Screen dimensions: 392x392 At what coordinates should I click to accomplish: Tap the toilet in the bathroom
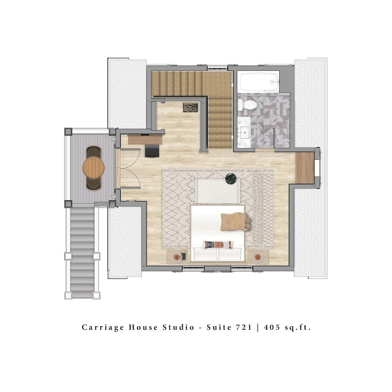click(247, 105)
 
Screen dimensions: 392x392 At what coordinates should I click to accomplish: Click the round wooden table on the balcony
click(93, 167)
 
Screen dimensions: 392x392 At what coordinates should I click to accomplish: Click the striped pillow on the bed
click(218, 245)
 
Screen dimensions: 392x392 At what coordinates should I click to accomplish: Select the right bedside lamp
click(258, 257)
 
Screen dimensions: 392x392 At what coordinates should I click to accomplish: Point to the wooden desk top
click(145, 140)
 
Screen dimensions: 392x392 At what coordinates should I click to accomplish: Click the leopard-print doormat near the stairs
click(191, 108)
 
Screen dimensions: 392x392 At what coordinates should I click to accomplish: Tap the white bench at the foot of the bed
click(218, 191)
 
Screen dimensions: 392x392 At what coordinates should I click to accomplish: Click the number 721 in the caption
click(243, 327)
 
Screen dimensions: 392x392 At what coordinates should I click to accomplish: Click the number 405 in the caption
click(272, 327)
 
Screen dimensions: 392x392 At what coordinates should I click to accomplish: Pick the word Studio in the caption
click(178, 327)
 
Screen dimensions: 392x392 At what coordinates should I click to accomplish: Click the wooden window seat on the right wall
click(305, 168)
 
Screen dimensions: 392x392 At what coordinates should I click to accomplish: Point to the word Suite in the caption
click(219, 327)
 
